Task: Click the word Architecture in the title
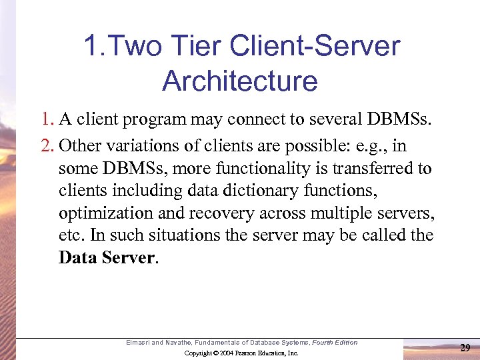(239, 81)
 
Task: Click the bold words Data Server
(107, 258)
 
